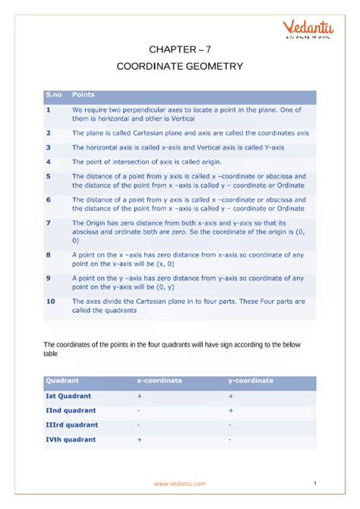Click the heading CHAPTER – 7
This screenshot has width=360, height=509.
[x=179, y=49]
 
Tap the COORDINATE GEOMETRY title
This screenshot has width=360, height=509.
[x=180, y=66]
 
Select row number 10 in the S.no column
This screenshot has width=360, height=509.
[x=50, y=302]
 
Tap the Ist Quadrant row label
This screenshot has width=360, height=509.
[x=68, y=396]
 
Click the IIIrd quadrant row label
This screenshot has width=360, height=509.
[x=72, y=425]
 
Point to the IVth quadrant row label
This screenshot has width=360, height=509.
[x=71, y=439]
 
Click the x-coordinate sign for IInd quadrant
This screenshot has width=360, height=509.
[x=139, y=410]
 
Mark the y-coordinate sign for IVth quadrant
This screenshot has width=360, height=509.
[x=230, y=439]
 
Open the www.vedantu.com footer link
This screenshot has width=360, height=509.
[x=179, y=484]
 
